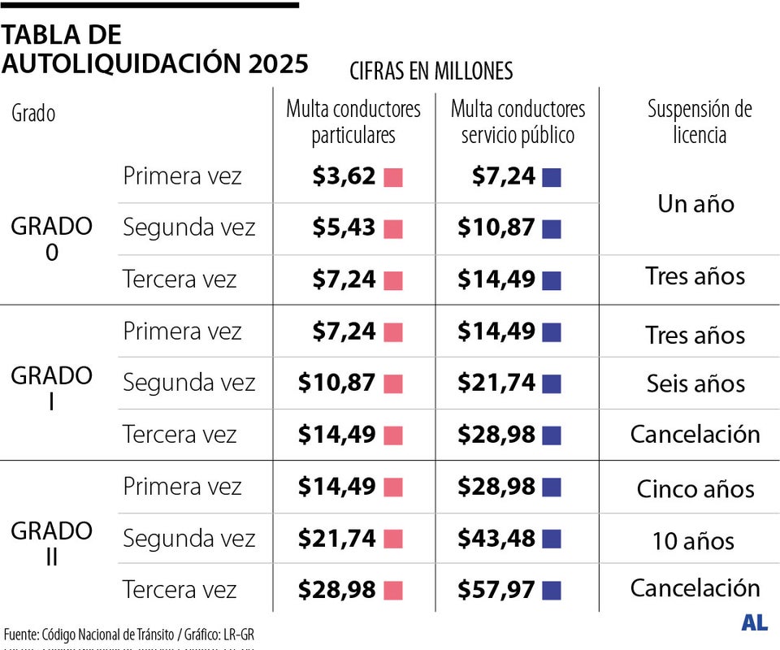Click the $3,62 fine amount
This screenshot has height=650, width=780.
point(344,176)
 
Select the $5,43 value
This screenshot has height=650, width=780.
point(344,228)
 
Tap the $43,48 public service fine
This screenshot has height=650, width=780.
point(496,539)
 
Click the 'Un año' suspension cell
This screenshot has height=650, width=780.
point(695,203)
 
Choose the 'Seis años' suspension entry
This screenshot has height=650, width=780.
point(695,383)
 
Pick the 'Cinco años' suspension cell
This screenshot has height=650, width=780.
point(695,488)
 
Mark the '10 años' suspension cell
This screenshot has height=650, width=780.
point(693,540)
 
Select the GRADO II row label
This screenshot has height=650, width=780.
point(51,544)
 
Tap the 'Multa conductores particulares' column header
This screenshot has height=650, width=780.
point(353,122)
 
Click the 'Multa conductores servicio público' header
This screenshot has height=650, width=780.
point(518,122)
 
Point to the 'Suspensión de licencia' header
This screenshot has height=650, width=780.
point(699,122)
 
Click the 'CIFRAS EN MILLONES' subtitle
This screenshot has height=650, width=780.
point(431,71)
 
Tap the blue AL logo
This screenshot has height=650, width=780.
point(754,623)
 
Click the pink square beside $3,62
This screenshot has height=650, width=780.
point(393,177)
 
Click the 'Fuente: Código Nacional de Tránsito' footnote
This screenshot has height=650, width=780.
point(134,634)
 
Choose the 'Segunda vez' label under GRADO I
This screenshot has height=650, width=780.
point(188,383)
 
